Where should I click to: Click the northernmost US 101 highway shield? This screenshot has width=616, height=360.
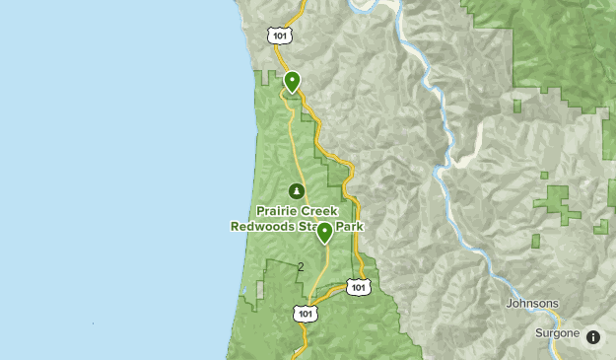pos(279,35)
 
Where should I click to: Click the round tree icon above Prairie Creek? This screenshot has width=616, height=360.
pos(296,190)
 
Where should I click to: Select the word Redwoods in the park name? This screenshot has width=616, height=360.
pos(261,226)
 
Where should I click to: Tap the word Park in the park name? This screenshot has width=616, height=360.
pos(350,226)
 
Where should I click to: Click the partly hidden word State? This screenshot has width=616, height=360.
pos(308,226)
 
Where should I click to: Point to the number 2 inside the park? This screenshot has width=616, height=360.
pos(301,266)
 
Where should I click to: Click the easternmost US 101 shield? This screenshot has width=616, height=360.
pos(360,287)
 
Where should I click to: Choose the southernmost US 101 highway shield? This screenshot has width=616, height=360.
pos(306,314)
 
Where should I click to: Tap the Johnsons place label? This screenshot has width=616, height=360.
pos(532,303)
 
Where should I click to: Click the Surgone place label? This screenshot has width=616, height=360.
pos(556,333)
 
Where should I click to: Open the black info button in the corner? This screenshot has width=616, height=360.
pos(593,336)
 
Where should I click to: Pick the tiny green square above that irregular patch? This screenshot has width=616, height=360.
pos(543,176)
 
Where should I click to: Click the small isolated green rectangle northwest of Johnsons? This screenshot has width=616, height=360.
pos(535,241)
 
